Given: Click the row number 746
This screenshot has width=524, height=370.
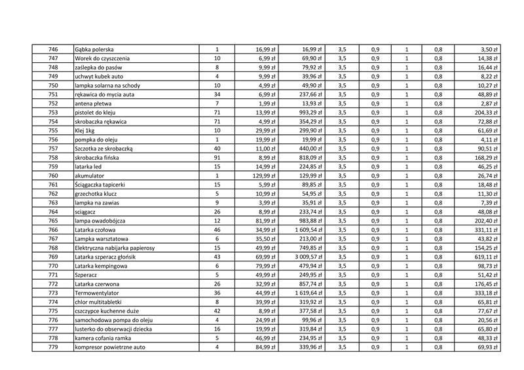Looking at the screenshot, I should (53, 50).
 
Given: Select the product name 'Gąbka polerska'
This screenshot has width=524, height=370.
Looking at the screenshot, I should (95, 50).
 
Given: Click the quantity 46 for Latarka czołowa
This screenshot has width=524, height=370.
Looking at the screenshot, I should (217, 230).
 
